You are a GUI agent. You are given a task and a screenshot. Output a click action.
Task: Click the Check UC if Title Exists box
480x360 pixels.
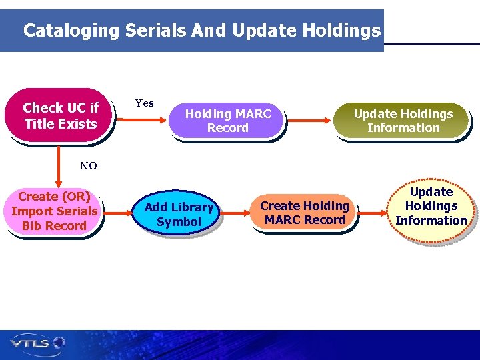(60, 115)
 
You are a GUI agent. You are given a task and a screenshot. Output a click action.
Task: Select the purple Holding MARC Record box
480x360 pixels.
(227, 121)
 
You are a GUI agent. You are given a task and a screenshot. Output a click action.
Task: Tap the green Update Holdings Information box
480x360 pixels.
(403, 121)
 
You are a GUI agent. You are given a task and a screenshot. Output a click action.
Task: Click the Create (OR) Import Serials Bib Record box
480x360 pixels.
(54, 211)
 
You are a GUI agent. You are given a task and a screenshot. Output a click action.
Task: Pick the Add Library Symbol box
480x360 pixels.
(179, 214)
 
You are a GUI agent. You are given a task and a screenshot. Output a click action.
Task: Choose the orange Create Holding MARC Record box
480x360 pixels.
(305, 213)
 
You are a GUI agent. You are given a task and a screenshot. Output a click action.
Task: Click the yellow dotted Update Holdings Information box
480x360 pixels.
(431, 206)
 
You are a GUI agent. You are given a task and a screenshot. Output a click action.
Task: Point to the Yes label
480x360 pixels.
(144, 103)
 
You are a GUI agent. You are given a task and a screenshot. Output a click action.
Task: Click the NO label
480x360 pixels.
(88, 166)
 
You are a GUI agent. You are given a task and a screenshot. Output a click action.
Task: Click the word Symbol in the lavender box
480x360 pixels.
(179, 222)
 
